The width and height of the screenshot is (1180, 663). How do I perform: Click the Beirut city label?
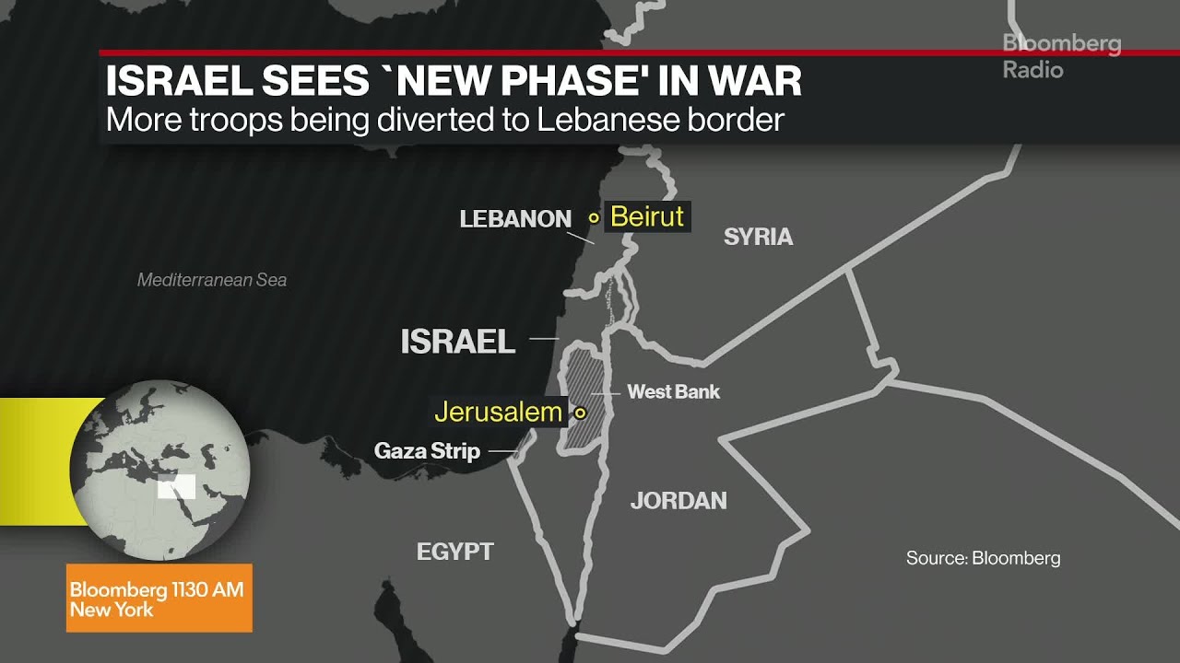pyautogui.click(x=647, y=217)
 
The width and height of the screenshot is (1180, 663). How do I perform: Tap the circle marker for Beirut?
pyautogui.click(x=595, y=218)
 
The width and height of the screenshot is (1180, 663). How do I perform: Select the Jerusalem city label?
pyautogui.click(x=498, y=412)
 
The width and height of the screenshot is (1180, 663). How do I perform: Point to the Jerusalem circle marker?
pyautogui.click(x=580, y=413)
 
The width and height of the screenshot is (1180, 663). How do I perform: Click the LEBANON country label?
pyautogui.click(x=515, y=219)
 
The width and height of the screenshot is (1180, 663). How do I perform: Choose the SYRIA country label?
pyautogui.click(x=758, y=237)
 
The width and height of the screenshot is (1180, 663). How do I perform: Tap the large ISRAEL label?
pyautogui.click(x=457, y=342)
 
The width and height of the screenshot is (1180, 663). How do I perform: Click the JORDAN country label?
pyautogui.click(x=678, y=501)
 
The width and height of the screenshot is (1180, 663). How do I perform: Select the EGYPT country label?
pyautogui.click(x=455, y=552)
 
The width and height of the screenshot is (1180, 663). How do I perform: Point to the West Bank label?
pyautogui.click(x=673, y=391)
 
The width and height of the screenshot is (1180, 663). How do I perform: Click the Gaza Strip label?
pyautogui.click(x=427, y=451)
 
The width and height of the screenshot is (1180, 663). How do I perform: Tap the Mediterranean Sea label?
pyautogui.click(x=212, y=280)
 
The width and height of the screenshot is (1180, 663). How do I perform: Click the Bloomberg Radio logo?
pyautogui.click(x=1060, y=56)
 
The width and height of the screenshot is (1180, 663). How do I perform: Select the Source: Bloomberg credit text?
pyautogui.click(x=983, y=558)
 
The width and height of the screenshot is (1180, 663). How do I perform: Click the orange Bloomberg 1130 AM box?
pyautogui.click(x=159, y=599)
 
